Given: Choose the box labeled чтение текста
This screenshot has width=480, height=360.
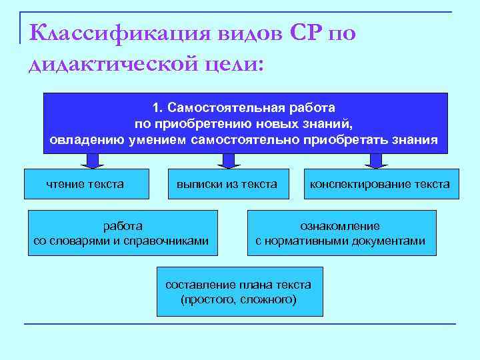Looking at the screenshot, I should tap(87, 184).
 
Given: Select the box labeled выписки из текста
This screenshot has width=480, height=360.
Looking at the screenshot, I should tap(227, 184).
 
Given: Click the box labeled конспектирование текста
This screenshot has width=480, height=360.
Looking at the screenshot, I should tap(379, 184).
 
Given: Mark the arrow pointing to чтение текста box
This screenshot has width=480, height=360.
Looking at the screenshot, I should tap(93, 161).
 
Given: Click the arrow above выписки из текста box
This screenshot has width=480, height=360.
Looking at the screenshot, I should tap(229, 161).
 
